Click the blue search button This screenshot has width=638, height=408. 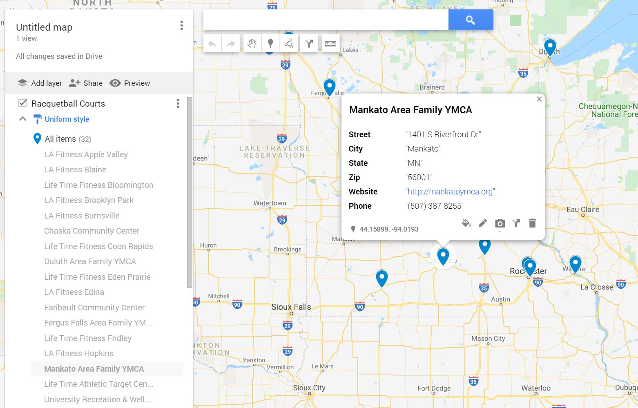tap(471, 20)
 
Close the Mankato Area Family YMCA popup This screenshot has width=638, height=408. tap(539, 99)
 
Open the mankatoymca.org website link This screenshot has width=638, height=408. tap(450, 192)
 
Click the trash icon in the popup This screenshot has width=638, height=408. tap(532, 223)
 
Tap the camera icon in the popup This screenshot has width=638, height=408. tap(500, 223)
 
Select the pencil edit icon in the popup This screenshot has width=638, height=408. tap(483, 223)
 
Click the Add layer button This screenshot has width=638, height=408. tap(40, 83)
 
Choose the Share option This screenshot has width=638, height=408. tap(86, 83)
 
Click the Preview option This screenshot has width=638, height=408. tap(130, 83)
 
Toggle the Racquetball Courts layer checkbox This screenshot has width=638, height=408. tap(23, 103)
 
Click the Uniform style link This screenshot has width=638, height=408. tap(67, 119)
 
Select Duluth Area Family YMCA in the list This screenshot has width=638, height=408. tap(90, 261)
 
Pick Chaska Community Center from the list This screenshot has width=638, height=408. tap(91, 231)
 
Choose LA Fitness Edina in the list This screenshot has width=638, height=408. tap(74, 292)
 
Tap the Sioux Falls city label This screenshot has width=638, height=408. tap(291, 307)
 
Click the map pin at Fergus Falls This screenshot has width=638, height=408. tap(329, 87)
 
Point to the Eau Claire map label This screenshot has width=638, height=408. tap(583, 210)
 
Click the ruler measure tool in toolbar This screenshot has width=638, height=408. tap(330, 43)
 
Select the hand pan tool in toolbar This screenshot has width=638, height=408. tap(252, 43)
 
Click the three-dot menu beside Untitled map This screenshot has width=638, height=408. tap(181, 26)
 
